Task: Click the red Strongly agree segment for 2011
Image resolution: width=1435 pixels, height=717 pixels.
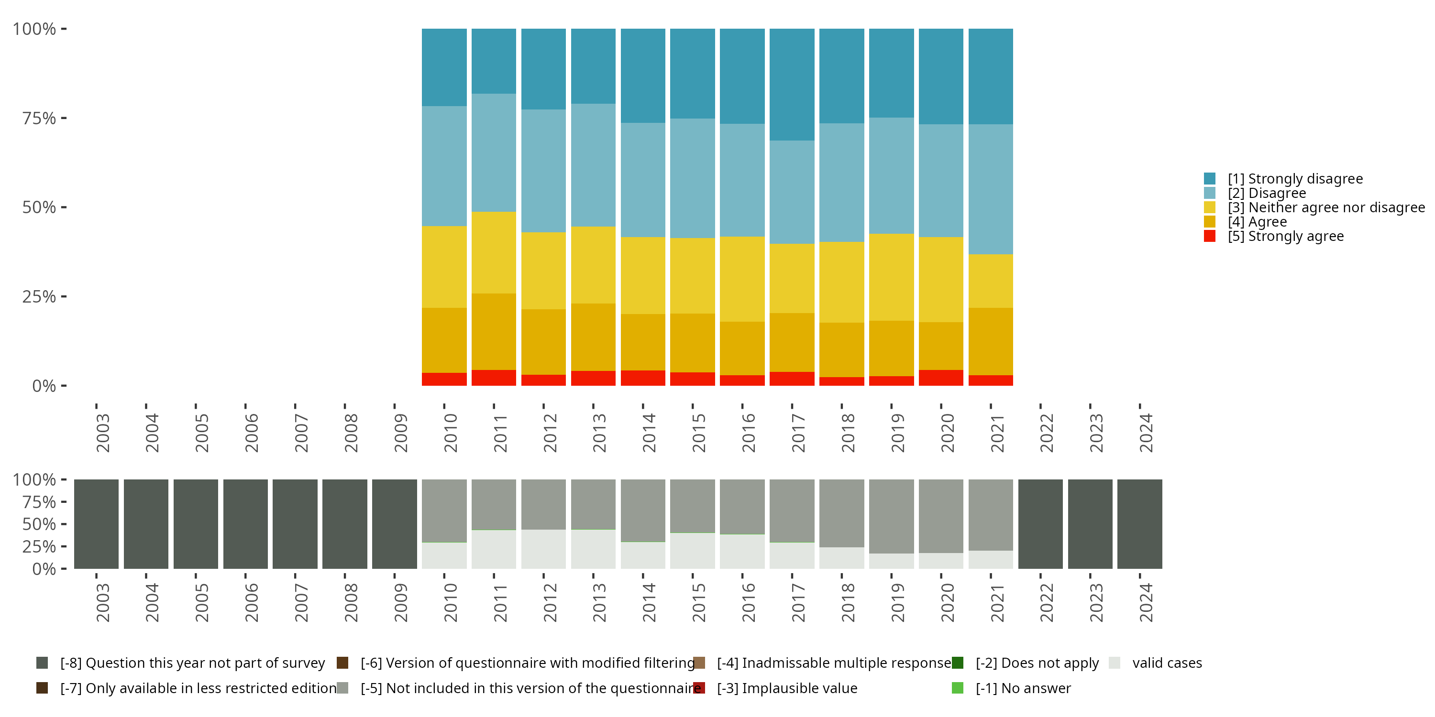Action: pyautogui.click(x=494, y=378)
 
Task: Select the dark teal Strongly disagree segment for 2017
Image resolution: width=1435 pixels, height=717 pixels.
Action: pyautogui.click(x=792, y=84)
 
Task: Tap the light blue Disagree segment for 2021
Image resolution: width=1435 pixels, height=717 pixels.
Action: pyautogui.click(x=991, y=189)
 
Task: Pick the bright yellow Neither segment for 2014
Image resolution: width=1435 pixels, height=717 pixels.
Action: pyautogui.click(x=643, y=275)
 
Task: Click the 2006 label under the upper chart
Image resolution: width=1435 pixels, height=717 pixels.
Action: pyautogui.click(x=251, y=433)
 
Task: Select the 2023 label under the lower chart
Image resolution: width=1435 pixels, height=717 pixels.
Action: pyautogui.click(x=1096, y=602)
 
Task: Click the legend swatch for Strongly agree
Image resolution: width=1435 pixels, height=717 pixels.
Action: pyautogui.click(x=1209, y=236)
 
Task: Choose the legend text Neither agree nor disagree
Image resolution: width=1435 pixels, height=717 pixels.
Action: pyautogui.click(x=1326, y=207)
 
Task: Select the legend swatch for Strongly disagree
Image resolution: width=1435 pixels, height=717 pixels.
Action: pyautogui.click(x=1209, y=179)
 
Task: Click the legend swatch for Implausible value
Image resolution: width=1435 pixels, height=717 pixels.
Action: pyautogui.click(x=699, y=688)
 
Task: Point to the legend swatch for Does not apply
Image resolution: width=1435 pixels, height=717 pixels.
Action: pyautogui.click(x=958, y=663)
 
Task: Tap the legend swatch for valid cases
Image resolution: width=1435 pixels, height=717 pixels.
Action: pyautogui.click(x=1114, y=663)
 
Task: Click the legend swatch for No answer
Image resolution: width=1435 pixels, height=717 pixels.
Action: pyautogui.click(x=958, y=688)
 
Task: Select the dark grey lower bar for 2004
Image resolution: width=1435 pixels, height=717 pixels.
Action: pyautogui.click(x=146, y=524)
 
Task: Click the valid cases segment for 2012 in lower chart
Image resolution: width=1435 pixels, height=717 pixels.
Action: pyautogui.click(x=543, y=549)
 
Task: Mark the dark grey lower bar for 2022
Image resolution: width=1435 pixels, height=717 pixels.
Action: pyautogui.click(x=1040, y=524)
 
